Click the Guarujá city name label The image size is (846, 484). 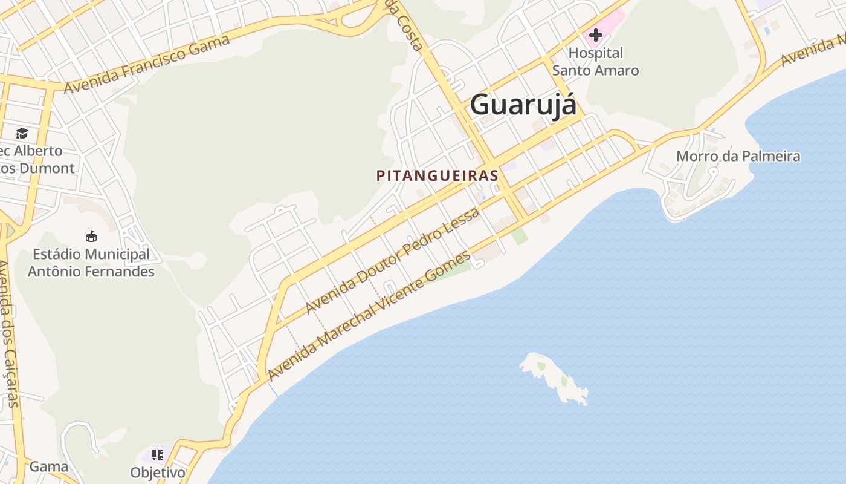[523, 104]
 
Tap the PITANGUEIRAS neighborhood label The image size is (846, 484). [437, 175]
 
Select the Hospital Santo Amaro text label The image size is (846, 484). [595, 62]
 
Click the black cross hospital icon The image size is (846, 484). [595, 35]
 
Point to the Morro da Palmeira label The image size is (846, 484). [738, 156]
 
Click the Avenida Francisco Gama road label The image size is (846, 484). [147, 64]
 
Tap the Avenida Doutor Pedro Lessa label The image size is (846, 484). [393, 260]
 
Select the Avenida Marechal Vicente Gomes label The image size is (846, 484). [369, 316]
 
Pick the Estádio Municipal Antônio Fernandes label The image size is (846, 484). [91, 263]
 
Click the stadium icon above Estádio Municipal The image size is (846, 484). [91, 236]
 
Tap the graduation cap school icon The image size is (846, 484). [22, 133]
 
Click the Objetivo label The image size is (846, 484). [158, 472]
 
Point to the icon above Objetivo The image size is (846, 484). [158, 454]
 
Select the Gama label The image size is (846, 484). [48, 466]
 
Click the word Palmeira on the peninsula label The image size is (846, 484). [770, 156]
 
